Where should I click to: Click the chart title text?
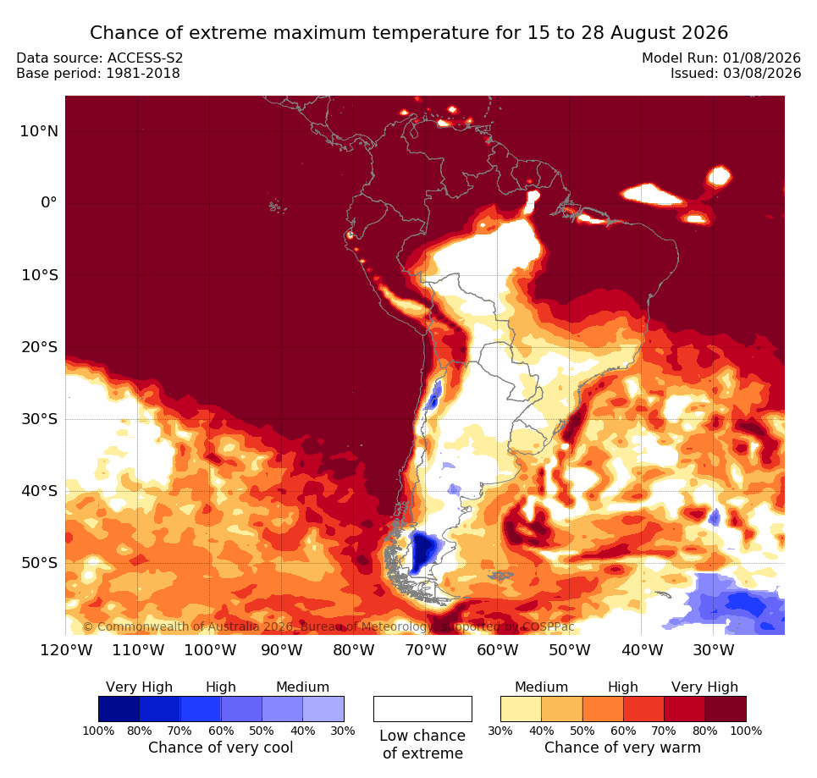tap(408, 33)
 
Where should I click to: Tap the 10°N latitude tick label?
tap(39, 131)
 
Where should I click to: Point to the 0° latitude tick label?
tap(49, 202)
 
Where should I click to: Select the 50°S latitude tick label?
tap(39, 563)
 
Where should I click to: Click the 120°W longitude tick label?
tap(67, 650)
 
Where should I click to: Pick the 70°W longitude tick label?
tap(425, 650)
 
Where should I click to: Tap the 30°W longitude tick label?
tap(714, 650)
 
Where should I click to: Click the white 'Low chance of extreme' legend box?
tap(422, 709)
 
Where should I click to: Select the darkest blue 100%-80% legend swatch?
tap(119, 709)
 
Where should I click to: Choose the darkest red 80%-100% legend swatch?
tap(726, 709)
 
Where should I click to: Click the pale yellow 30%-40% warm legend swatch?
tap(521, 709)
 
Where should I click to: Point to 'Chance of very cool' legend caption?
tap(221, 748)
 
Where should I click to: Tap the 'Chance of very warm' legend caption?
tap(622, 748)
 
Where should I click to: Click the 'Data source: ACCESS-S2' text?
tap(100, 58)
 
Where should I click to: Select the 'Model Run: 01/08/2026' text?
tap(721, 58)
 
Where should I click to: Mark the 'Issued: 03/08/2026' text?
tap(736, 74)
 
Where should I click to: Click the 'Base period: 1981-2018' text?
tap(98, 74)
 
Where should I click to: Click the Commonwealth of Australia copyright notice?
tap(328, 626)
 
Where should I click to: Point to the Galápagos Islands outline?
tap(277, 207)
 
